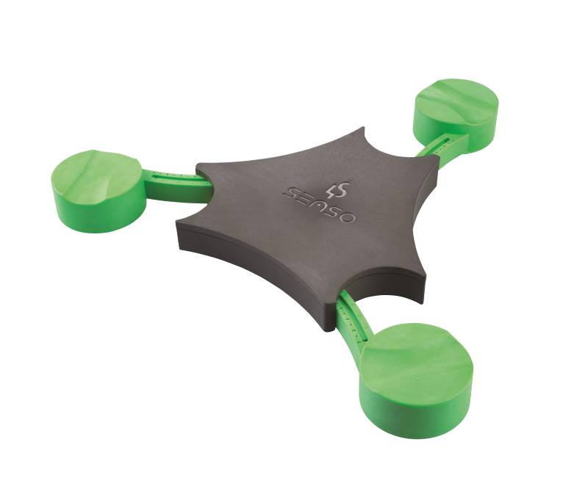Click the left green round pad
pyautogui.click(x=98, y=191)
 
